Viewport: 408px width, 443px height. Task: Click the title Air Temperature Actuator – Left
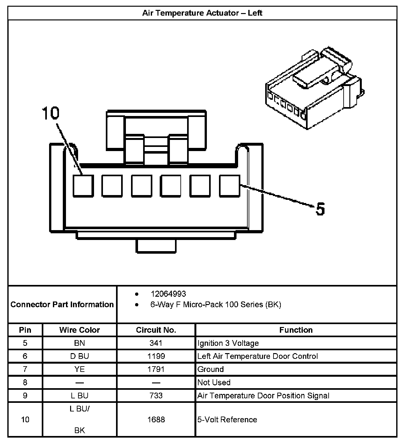coord(202,13)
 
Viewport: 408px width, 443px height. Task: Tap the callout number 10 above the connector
coord(51,113)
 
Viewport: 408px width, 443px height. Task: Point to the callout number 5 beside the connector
coord(320,209)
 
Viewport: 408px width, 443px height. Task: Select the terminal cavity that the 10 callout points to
coord(83,186)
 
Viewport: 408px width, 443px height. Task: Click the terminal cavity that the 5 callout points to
coord(229,186)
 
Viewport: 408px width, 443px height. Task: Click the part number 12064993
coord(168,294)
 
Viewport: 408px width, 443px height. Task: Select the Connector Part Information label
coord(62,304)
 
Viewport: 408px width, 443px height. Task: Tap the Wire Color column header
coord(79,330)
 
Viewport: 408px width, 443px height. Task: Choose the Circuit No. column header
coord(156,330)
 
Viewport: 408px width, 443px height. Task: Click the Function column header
coord(296,330)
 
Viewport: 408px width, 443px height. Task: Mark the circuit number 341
coord(156,343)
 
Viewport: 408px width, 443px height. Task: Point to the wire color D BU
coord(79,356)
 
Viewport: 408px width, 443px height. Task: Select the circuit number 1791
coord(156,369)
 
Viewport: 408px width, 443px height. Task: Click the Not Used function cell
coord(214,382)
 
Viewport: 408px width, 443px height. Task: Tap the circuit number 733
coord(156,396)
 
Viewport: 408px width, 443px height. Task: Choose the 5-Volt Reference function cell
coord(227,419)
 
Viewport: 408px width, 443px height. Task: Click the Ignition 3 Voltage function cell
coord(228,343)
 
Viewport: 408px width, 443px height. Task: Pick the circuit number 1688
coord(156,419)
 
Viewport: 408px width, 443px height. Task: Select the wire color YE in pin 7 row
coord(79,369)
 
